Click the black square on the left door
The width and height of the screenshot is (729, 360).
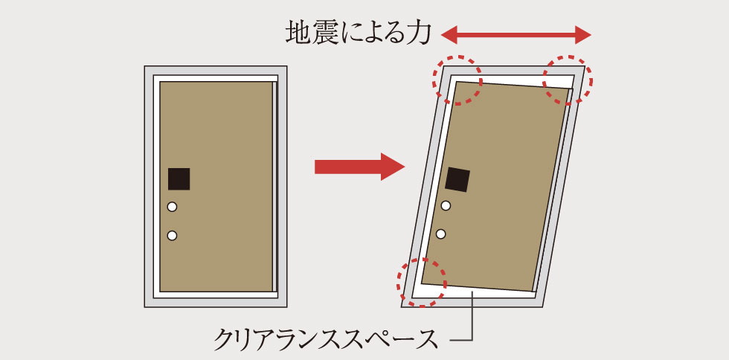[x=179, y=179]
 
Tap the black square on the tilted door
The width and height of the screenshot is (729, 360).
[x=457, y=180]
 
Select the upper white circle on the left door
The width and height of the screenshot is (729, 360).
[x=172, y=207]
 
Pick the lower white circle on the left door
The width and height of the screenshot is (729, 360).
[x=172, y=236]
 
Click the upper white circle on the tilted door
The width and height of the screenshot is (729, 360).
[x=446, y=205]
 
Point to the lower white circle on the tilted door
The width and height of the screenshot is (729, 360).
[x=442, y=234]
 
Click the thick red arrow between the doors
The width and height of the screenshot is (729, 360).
[x=359, y=167]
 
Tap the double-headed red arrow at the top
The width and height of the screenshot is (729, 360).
[x=516, y=34]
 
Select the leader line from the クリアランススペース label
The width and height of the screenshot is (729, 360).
[x=473, y=317]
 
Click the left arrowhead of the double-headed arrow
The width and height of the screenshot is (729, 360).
[x=449, y=34]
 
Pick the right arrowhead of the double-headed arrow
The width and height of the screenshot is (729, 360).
[x=583, y=34]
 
